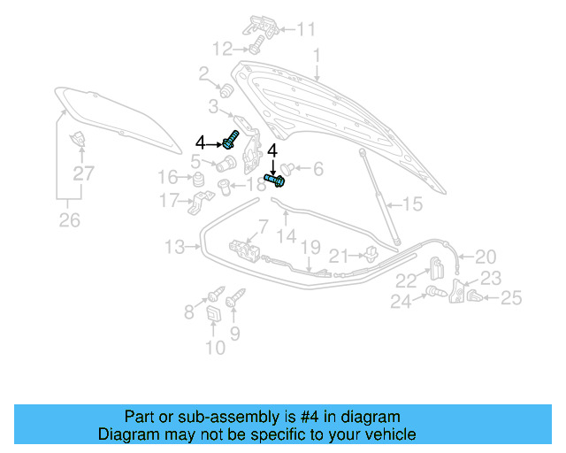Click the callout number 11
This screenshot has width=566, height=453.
pos(306,29)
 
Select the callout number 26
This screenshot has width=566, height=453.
pos(70,220)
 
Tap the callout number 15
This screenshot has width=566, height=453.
pos(412,204)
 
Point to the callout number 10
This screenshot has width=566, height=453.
pos(216,348)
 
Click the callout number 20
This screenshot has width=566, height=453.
pos(486,257)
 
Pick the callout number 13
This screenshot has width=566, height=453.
pos(175,248)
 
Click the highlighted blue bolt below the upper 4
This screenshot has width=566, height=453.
pos(275,180)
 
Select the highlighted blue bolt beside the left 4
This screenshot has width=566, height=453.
pos(231,140)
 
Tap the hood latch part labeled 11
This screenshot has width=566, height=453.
pos(261,26)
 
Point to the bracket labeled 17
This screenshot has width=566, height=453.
pos(201,203)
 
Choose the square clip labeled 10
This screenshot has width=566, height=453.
pos(213,313)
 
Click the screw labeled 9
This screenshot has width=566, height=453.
pos(235,297)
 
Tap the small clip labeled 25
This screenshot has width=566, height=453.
pos(475,296)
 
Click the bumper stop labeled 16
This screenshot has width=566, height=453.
pos(198,180)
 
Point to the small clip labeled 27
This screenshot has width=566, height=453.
pos(78,139)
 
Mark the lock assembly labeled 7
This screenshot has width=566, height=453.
pos(245,250)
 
